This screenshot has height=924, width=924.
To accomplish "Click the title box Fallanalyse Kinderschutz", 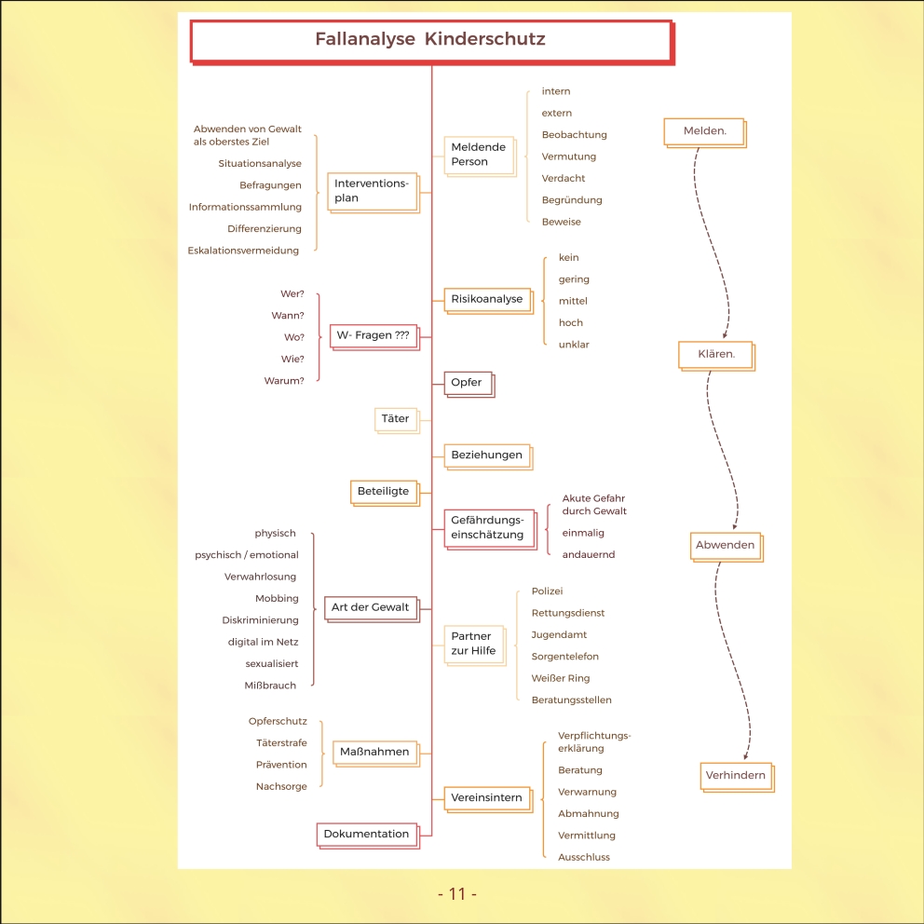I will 430,40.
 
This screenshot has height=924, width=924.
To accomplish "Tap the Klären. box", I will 716,355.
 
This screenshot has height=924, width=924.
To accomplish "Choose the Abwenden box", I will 725,545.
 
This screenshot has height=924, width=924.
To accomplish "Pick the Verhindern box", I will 736,775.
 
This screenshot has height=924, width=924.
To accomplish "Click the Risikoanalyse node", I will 487,300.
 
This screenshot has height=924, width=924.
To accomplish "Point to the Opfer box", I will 467,383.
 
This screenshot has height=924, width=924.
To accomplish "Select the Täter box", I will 395,419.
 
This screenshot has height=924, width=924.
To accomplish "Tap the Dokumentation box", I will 366,835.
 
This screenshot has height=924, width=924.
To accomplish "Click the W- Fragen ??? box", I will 373,335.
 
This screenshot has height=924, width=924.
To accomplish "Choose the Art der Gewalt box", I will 370,607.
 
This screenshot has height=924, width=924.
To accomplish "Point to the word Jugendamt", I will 559,635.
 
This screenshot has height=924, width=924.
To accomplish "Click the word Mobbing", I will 277,599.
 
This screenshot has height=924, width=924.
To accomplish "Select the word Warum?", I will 284,381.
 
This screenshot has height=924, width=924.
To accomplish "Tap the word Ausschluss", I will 584,858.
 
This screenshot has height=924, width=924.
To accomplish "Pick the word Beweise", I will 561,223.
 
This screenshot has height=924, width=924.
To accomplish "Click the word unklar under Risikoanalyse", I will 574,345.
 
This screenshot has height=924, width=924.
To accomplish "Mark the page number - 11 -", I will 457,894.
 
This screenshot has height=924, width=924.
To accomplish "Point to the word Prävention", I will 281,766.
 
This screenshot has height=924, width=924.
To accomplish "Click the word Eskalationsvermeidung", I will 243,251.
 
